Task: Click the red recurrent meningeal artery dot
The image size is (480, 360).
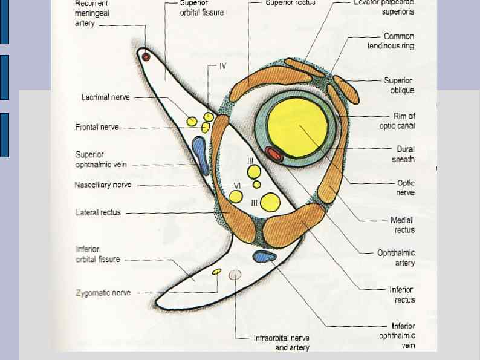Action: pyautogui.click(x=146, y=57)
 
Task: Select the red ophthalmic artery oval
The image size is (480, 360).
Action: pyautogui.click(x=274, y=154)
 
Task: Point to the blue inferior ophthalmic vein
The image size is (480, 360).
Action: pyautogui.click(x=264, y=257)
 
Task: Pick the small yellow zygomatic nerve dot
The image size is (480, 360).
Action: pyautogui.click(x=216, y=272)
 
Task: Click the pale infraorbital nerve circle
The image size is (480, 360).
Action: pyautogui.click(x=235, y=275)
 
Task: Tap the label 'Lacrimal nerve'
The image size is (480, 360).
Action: pyautogui.click(x=105, y=97)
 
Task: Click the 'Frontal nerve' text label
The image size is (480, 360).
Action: pyautogui.click(x=97, y=127)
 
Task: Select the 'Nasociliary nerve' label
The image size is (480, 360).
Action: pyautogui.click(x=103, y=185)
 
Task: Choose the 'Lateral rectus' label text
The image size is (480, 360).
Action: pyautogui.click(x=98, y=212)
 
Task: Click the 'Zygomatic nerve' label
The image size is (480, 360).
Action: pyautogui.click(x=103, y=293)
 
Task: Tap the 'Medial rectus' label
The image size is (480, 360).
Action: pyautogui.click(x=404, y=225)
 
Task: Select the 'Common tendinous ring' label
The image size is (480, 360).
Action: pyautogui.click(x=391, y=41)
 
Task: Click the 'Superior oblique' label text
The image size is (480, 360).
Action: pyautogui.click(x=399, y=85)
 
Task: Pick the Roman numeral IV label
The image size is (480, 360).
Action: pyautogui.click(x=222, y=66)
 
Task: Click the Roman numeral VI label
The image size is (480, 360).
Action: pyautogui.click(x=238, y=185)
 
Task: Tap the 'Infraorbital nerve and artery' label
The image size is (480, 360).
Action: pyautogui.click(x=282, y=342)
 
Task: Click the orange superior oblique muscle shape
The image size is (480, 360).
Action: pyautogui.click(x=346, y=90)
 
